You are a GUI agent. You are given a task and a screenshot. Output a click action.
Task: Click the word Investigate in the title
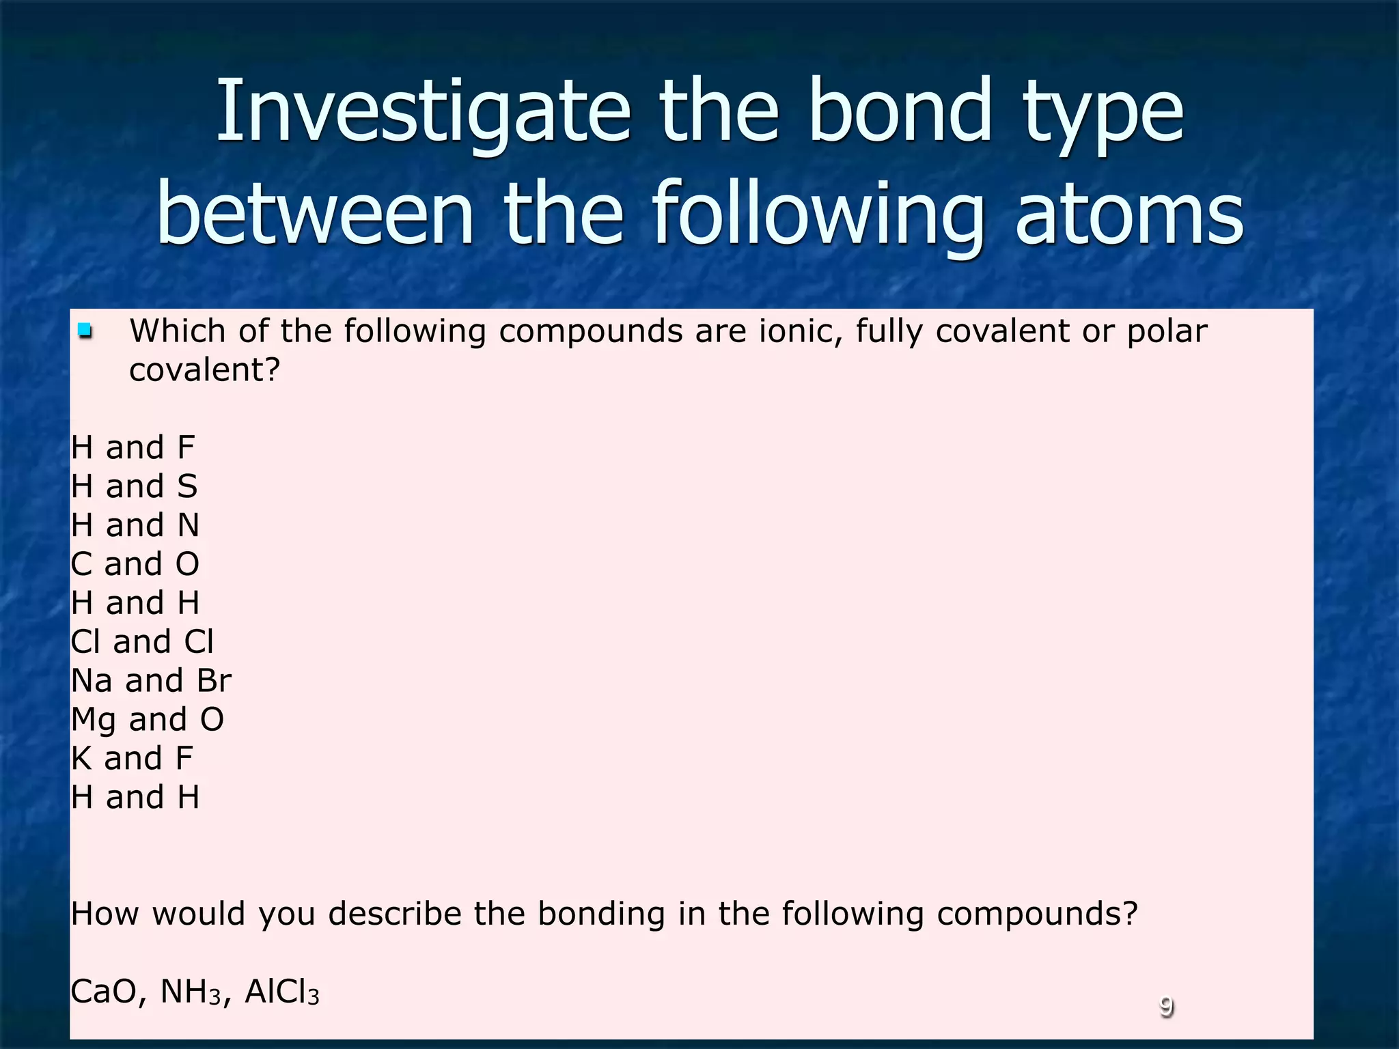[422, 113]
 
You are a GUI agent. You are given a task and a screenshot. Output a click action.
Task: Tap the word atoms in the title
[1129, 214]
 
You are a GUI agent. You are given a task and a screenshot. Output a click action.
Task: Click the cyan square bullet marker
[85, 332]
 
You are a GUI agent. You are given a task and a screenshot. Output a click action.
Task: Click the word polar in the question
[1167, 332]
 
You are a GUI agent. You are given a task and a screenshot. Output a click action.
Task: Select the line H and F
[133, 448]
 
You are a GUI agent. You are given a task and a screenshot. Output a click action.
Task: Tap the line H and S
[135, 487]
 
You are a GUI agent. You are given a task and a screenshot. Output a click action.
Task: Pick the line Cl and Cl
[142, 642]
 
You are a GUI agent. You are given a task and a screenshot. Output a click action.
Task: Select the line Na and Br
[151, 681]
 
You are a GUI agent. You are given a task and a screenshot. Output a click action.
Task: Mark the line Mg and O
[148, 720]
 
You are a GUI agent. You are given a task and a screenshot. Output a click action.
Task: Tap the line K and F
[133, 759]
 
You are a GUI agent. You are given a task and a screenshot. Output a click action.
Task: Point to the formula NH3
[191, 993]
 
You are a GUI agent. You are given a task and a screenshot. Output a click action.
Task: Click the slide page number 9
[1166, 1007]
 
